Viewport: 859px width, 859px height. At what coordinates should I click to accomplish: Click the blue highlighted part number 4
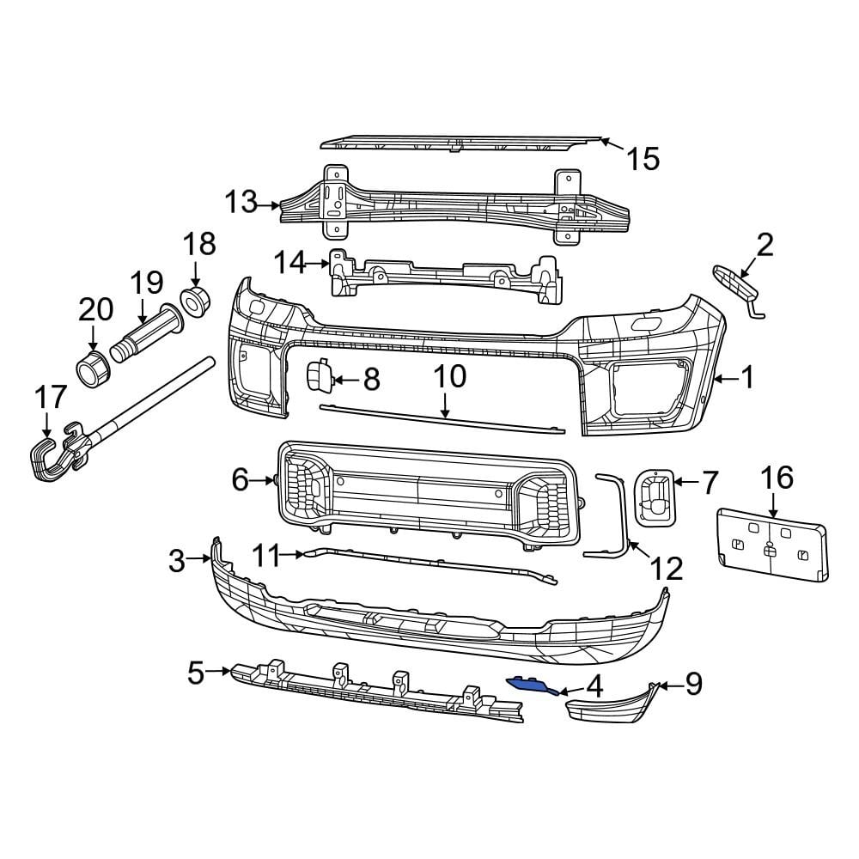pyautogui.click(x=531, y=684)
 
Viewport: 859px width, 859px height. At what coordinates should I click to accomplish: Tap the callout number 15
pyautogui.click(x=642, y=158)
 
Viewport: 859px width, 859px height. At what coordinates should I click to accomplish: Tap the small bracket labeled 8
pyautogui.click(x=319, y=376)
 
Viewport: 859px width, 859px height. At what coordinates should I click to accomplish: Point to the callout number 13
pyautogui.click(x=241, y=203)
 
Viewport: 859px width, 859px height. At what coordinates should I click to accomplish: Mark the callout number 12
pyautogui.click(x=666, y=569)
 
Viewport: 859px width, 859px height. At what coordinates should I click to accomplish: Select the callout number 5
pyautogui.click(x=196, y=673)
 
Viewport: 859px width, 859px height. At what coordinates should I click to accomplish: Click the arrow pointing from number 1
pyautogui.click(x=727, y=377)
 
